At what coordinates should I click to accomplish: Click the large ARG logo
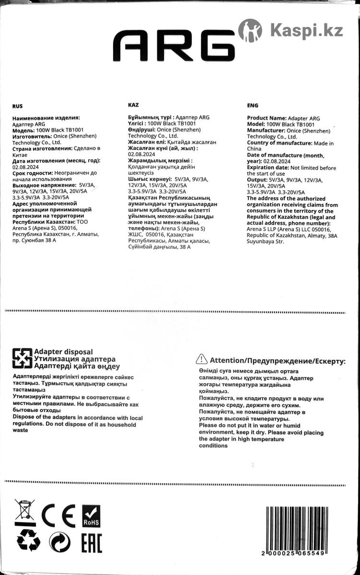coord(174,46)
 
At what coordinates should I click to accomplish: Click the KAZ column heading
coord(134,104)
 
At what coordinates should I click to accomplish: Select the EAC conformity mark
coord(91,541)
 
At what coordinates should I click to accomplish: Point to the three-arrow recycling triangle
coord(28,541)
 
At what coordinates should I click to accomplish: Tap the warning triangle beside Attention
coord(202,359)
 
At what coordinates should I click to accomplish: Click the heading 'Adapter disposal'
coord(63,352)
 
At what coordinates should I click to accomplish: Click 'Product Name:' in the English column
coord(266,118)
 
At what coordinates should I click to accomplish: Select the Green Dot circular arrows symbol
coord(60,541)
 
